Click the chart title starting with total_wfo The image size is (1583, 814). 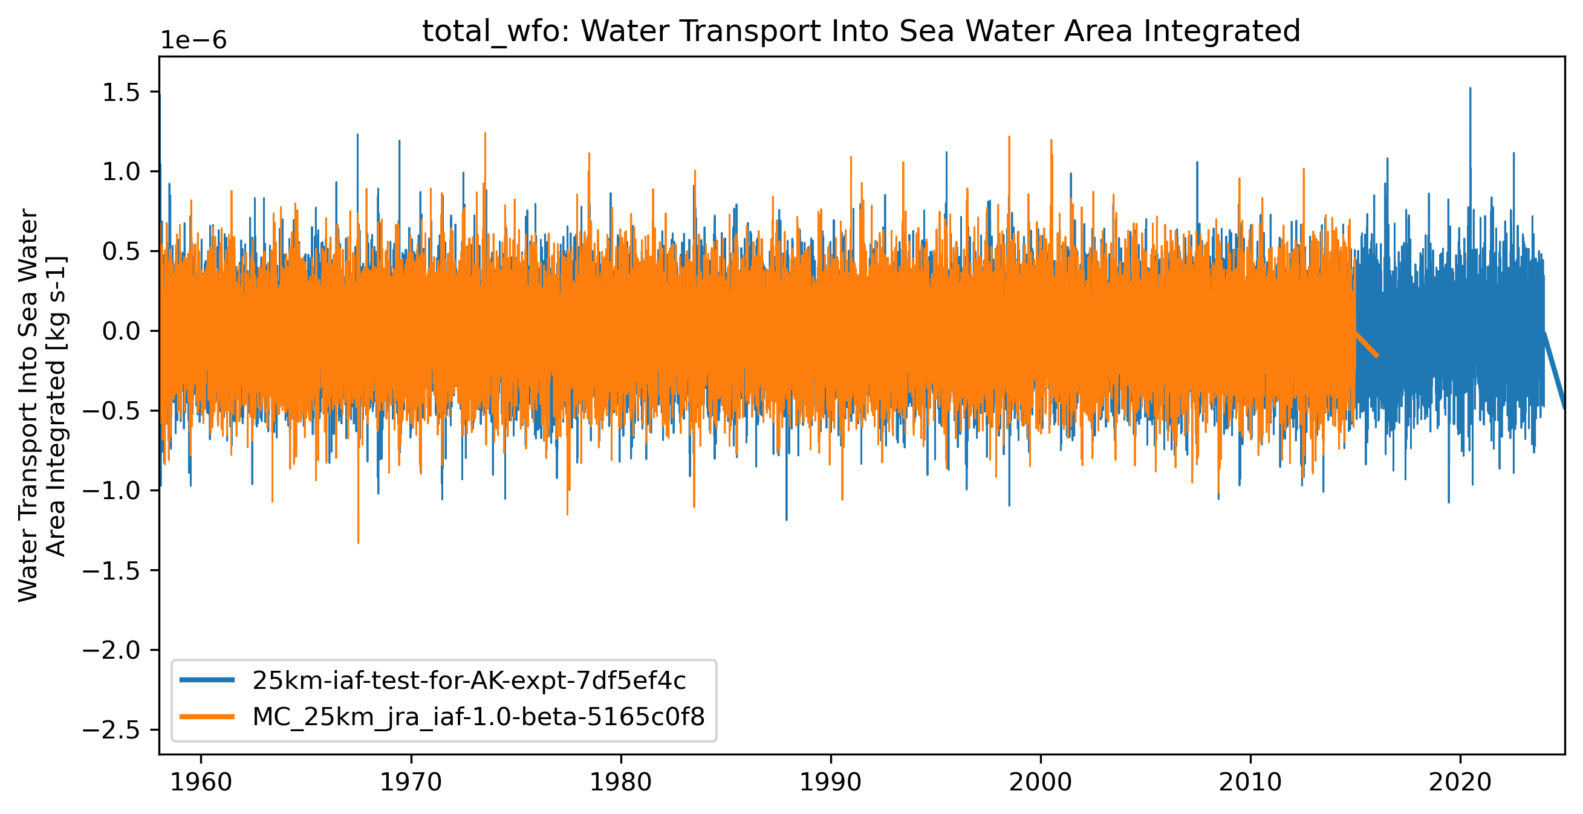pos(861,31)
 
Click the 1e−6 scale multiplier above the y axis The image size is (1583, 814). pos(193,41)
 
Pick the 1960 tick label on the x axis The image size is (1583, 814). pos(200,783)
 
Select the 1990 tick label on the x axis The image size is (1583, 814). pos(831,783)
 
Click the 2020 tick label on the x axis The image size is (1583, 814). pos(1460,783)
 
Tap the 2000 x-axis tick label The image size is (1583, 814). pos(1041,783)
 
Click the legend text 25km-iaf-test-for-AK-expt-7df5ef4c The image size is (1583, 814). pos(469,680)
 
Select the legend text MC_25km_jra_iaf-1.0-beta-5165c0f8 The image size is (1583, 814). pos(479,716)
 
